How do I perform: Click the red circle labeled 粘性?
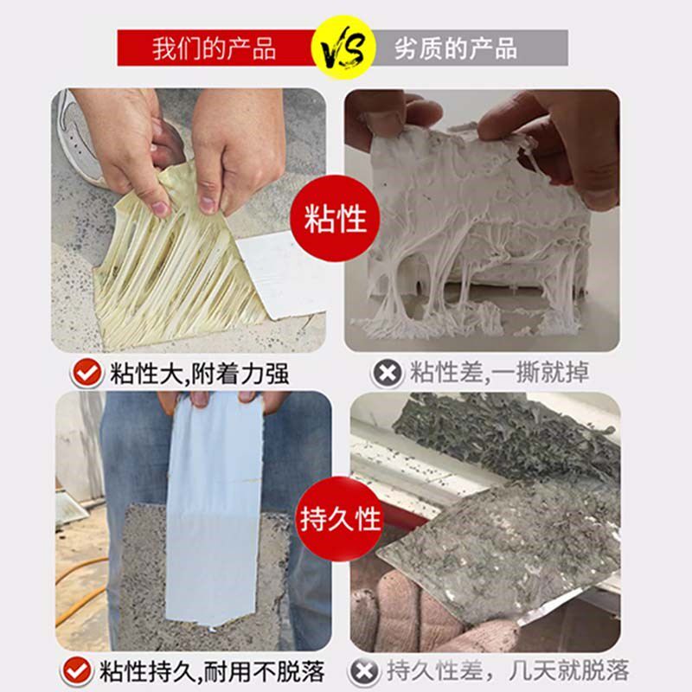click(x=336, y=220)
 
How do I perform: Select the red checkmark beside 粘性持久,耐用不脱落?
click(x=77, y=670)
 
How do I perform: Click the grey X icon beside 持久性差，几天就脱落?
click(x=364, y=670)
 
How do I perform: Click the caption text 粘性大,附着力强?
click(x=199, y=374)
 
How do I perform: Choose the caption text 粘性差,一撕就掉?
click(x=499, y=374)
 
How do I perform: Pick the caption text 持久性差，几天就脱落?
click(x=507, y=670)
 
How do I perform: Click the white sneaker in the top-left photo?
click(x=78, y=130)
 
